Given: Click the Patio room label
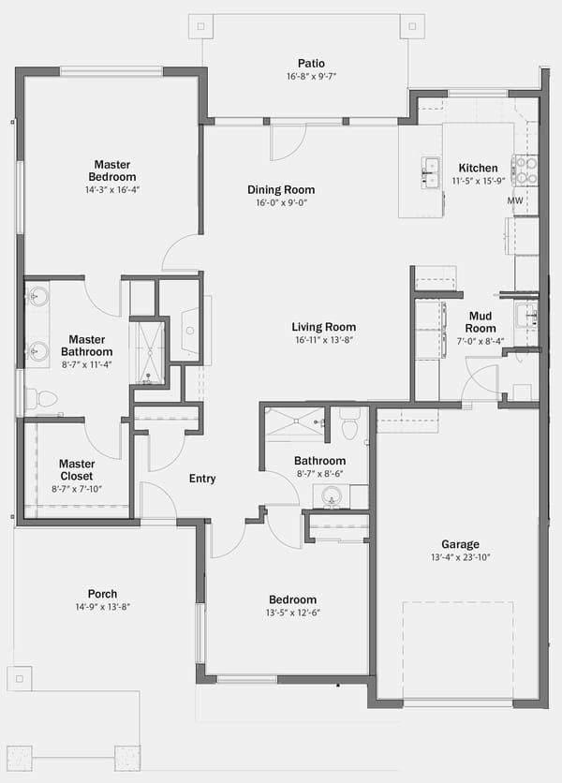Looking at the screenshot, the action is point(311,64).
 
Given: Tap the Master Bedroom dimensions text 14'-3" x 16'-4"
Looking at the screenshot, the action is point(112,190).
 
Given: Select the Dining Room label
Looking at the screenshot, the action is point(281,190).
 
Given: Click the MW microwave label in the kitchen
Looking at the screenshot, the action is point(515,200).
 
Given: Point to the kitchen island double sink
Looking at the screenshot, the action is point(430,172).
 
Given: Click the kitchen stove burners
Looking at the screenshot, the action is point(525,170).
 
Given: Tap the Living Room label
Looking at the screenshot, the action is point(324,327).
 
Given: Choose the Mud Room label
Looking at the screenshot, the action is point(481,322).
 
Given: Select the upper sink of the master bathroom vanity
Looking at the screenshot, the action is point(37,297).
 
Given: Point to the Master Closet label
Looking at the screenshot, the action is point(77,470).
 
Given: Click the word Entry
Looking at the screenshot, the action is point(202,479).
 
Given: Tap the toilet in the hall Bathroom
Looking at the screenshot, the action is point(349,423).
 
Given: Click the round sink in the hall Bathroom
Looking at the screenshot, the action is point(331,496).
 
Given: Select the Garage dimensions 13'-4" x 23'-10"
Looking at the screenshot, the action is point(461,557).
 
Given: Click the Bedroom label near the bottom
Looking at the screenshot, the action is point(293,599).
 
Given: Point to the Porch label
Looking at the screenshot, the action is point(102,594).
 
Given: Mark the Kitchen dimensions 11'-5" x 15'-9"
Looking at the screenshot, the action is point(479,181).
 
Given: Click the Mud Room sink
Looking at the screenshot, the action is point(527,316).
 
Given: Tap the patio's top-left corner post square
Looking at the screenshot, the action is point(200,26).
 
